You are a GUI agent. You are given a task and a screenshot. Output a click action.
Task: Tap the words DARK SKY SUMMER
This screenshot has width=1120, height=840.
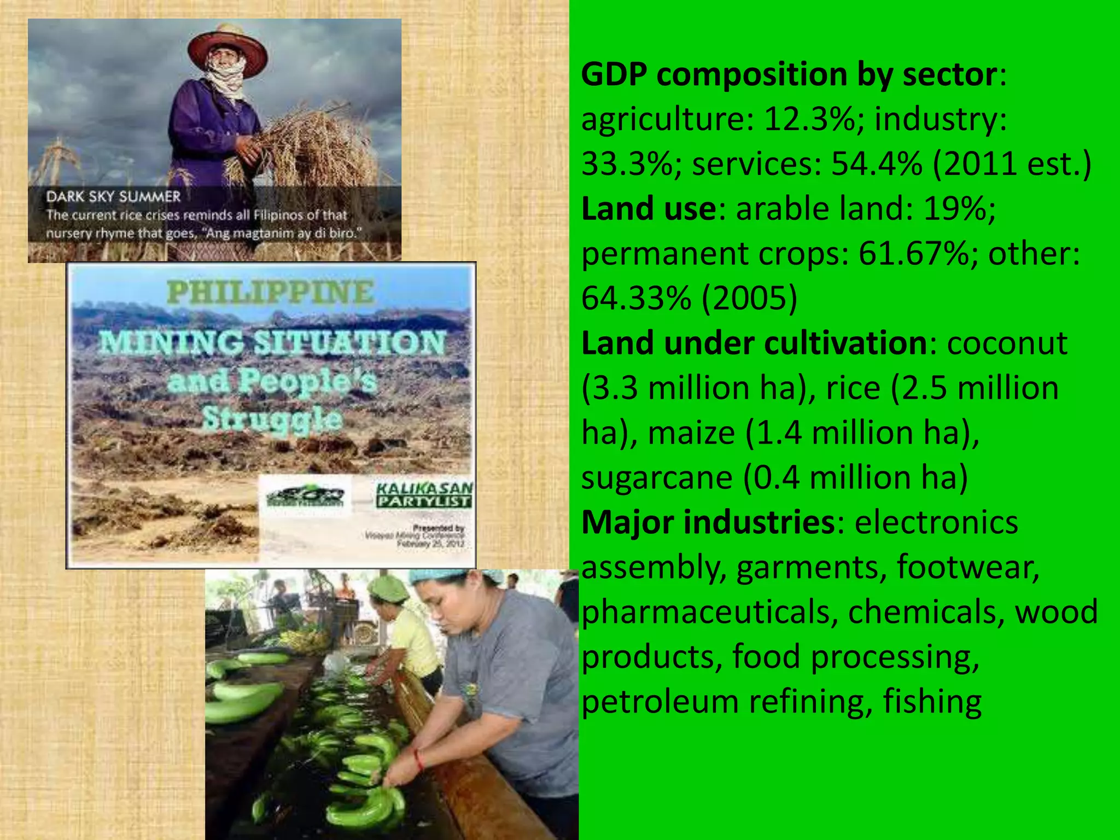[113, 197]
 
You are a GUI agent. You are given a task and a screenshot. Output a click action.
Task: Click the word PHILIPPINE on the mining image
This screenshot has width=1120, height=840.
[271, 293]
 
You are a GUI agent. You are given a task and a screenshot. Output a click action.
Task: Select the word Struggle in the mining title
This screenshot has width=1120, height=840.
[272, 419]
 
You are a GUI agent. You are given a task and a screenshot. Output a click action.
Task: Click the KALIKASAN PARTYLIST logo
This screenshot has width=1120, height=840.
[424, 494]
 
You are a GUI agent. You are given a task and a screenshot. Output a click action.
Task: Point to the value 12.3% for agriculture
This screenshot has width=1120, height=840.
[809, 119]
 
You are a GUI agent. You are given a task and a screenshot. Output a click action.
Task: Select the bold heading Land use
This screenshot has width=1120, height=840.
[649, 208]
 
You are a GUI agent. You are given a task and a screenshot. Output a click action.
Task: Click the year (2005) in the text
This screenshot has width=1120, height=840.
[749, 298]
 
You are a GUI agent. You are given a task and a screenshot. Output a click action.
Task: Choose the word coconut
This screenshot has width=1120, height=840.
[1007, 343]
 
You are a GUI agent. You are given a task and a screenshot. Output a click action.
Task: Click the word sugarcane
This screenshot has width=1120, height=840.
[657, 477]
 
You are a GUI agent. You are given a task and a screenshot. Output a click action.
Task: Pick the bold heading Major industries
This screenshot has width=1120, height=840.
[708, 522]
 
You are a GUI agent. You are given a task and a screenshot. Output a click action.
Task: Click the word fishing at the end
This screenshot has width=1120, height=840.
[932, 702]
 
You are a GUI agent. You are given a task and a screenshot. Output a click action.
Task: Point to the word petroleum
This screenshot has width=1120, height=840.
[660, 702]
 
